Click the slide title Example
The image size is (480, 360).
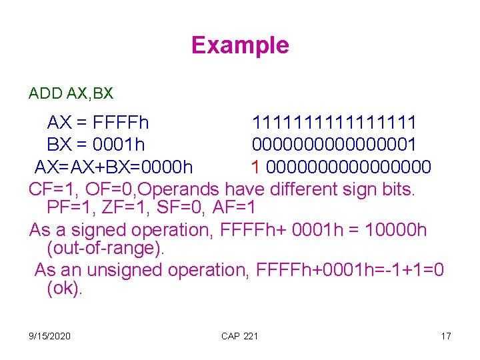tap(240, 45)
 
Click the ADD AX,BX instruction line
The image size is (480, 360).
tap(71, 93)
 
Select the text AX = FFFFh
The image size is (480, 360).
tap(98, 123)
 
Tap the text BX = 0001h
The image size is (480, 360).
tap(96, 145)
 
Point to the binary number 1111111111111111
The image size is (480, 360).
tap(334, 123)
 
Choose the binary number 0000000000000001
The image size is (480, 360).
tap(334, 145)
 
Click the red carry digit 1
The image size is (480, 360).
tap(255, 166)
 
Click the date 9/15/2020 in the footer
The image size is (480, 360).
tap(50, 336)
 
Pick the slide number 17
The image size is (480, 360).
tap(446, 336)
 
